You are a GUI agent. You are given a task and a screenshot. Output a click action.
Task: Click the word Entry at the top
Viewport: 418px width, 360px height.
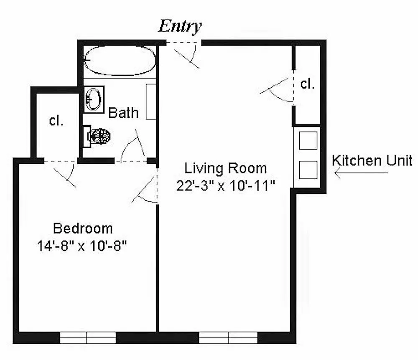180,27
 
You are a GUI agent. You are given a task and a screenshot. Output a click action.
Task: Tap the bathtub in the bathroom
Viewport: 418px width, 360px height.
120,60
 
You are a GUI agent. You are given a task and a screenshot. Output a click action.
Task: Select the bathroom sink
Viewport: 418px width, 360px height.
94,99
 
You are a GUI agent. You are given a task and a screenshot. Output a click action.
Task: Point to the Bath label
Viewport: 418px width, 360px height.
123,113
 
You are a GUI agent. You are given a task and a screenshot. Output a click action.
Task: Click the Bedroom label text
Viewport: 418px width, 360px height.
83,228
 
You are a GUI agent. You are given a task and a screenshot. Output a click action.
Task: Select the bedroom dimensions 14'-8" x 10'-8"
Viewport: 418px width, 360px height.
82,246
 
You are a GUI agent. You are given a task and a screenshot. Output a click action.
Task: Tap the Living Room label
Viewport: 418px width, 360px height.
226,169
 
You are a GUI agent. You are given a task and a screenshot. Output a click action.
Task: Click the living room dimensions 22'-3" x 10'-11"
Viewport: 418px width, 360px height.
226,185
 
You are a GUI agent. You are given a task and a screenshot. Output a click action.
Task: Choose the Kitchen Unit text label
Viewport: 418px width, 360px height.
372,160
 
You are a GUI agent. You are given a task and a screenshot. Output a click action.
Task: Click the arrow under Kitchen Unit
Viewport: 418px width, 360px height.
361,173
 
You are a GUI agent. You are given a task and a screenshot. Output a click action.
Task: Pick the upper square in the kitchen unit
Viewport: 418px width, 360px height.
308,140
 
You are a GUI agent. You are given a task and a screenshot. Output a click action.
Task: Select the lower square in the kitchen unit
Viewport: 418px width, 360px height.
308,170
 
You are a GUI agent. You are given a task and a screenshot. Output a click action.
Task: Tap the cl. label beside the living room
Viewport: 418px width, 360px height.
307,84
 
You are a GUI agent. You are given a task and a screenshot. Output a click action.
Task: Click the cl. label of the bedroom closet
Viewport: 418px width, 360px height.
56,121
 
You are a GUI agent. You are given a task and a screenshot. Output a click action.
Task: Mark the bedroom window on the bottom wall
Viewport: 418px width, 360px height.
88,337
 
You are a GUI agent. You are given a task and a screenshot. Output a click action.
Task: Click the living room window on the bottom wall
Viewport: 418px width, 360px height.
228,337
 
